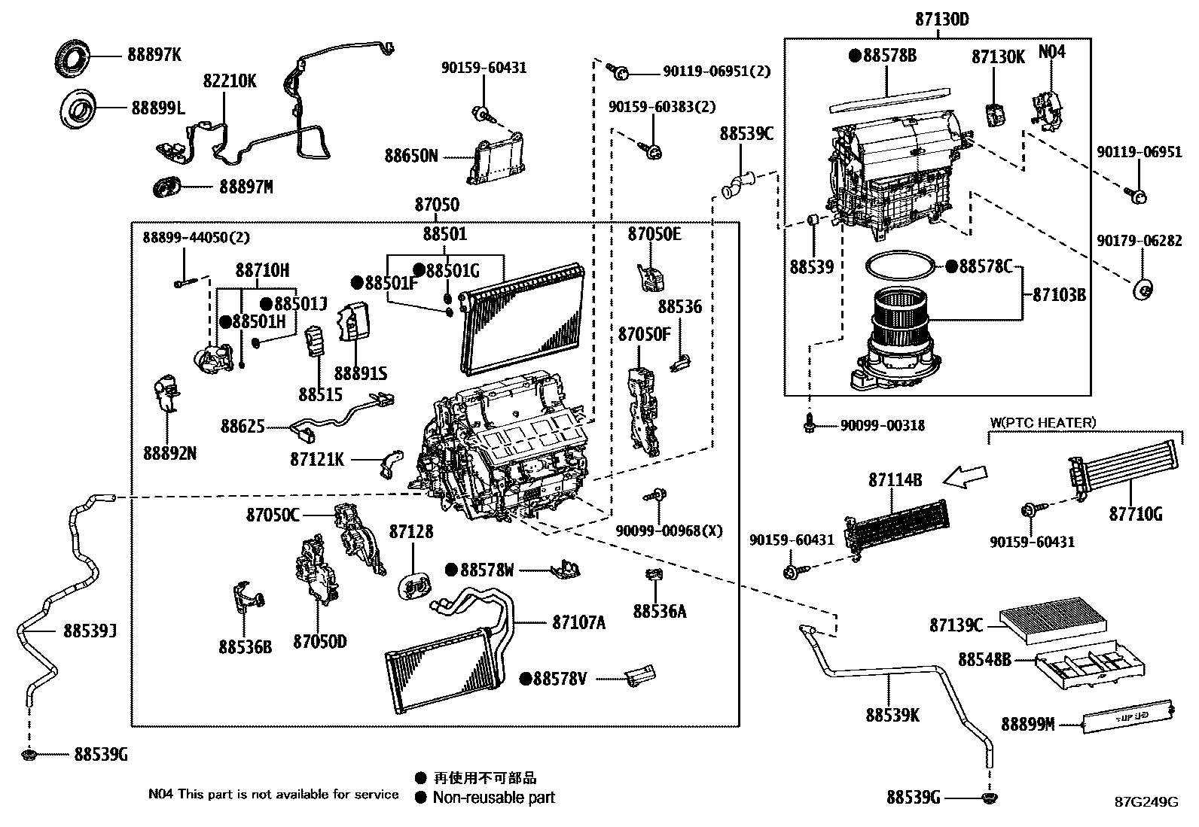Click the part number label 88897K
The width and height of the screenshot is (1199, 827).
(x=154, y=55)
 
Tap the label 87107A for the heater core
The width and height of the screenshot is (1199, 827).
(x=578, y=622)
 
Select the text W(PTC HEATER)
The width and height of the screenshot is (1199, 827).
(x=1043, y=423)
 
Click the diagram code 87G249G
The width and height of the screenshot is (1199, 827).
(x=1146, y=802)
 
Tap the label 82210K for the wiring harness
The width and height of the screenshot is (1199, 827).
(x=230, y=81)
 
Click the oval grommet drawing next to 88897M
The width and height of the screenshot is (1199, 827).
(x=167, y=186)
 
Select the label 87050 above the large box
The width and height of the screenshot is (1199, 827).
(x=436, y=205)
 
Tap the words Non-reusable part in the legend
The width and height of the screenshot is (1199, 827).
(x=493, y=798)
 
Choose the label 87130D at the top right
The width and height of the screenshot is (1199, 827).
(x=942, y=20)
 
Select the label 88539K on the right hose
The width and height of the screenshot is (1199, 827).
(x=892, y=715)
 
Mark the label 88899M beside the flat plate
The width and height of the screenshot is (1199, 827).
(x=1027, y=724)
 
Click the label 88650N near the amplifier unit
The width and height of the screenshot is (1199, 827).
(x=410, y=156)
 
